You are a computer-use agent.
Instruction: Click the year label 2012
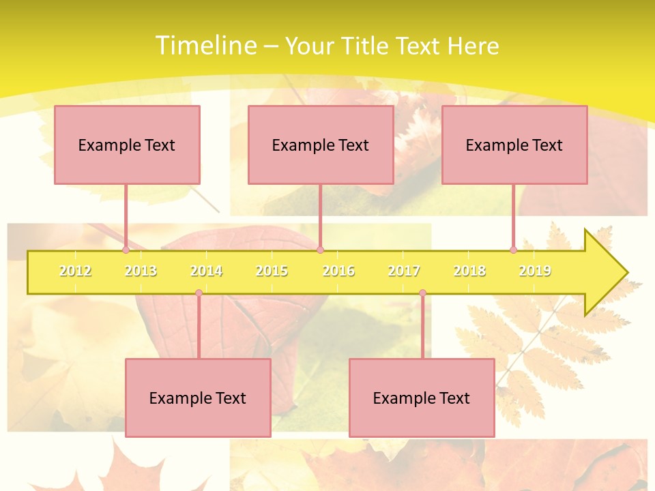(x=75, y=271)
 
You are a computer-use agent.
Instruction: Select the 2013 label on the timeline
(x=141, y=271)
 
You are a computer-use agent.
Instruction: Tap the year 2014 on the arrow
(x=206, y=271)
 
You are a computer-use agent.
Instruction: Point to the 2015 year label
(x=272, y=271)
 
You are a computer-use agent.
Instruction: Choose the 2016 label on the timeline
(x=338, y=271)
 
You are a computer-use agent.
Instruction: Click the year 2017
(x=404, y=271)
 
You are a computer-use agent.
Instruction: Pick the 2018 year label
(x=469, y=271)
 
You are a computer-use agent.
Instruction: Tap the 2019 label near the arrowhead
(x=535, y=271)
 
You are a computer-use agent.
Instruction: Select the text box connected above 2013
(x=127, y=145)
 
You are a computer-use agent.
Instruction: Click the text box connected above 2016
(x=321, y=145)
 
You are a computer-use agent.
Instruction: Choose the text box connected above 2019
(x=514, y=145)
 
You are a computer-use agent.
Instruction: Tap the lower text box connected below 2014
(x=198, y=398)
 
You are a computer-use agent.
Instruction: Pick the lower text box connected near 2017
(x=422, y=398)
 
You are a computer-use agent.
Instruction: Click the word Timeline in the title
(x=205, y=46)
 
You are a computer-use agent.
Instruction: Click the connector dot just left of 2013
(x=126, y=250)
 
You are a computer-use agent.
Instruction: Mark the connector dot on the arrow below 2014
(x=199, y=293)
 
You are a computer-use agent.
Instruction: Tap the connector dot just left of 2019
(x=513, y=250)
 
